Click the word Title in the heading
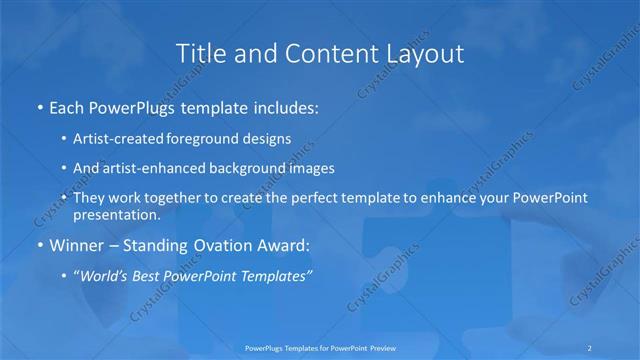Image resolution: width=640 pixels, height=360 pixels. pyautogui.click(x=198, y=54)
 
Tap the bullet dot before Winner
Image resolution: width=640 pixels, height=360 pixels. pyautogui.click(x=38, y=245)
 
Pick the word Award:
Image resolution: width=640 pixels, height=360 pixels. pyautogui.click(x=292, y=245)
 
